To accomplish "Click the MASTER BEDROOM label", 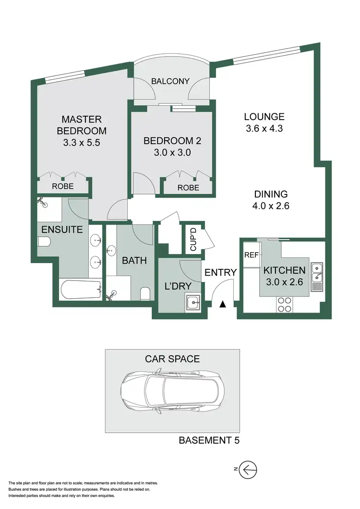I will coord(82,125).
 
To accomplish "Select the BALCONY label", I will coord(170,81).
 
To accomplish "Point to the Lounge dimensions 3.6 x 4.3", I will coord(264,129).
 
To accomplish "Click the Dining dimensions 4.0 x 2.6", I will coord(271,206).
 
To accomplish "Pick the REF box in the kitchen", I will coord(252,255).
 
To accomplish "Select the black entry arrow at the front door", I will coord(222,304).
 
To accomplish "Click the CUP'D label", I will coord(193,238).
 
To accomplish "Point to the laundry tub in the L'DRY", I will coord(193,303).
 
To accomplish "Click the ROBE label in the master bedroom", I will coord(63,186).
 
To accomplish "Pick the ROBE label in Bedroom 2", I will coord(188,188).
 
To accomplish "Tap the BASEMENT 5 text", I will coord(210,440).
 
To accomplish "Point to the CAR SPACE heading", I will coord(172,359).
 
